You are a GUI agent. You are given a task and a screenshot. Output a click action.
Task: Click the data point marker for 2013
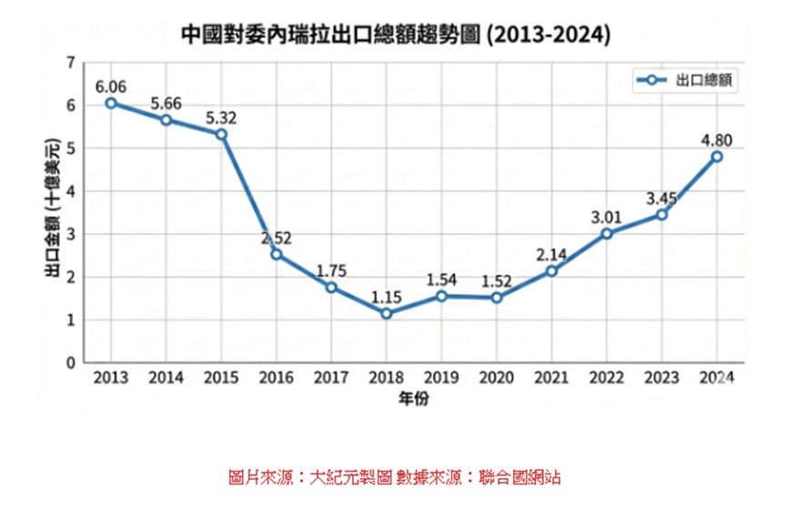(x=111, y=103)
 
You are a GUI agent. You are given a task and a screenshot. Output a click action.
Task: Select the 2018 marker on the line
(x=387, y=313)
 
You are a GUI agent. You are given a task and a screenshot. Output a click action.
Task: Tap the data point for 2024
(x=717, y=157)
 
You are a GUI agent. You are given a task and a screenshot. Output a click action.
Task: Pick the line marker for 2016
(x=277, y=254)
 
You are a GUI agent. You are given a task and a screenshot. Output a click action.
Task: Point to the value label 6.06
(x=111, y=87)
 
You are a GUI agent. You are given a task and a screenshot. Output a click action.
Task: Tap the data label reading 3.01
(x=606, y=217)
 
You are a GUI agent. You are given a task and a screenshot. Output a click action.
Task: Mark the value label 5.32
(x=221, y=117)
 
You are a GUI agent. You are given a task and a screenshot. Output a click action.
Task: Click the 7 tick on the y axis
(x=69, y=63)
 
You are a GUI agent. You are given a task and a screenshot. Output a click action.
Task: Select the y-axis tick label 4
(x=69, y=191)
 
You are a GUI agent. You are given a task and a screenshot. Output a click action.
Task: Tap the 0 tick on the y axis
(x=69, y=362)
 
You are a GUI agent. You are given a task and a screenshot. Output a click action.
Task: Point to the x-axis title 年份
(x=414, y=398)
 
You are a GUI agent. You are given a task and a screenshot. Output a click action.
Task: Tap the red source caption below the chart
(x=393, y=476)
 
